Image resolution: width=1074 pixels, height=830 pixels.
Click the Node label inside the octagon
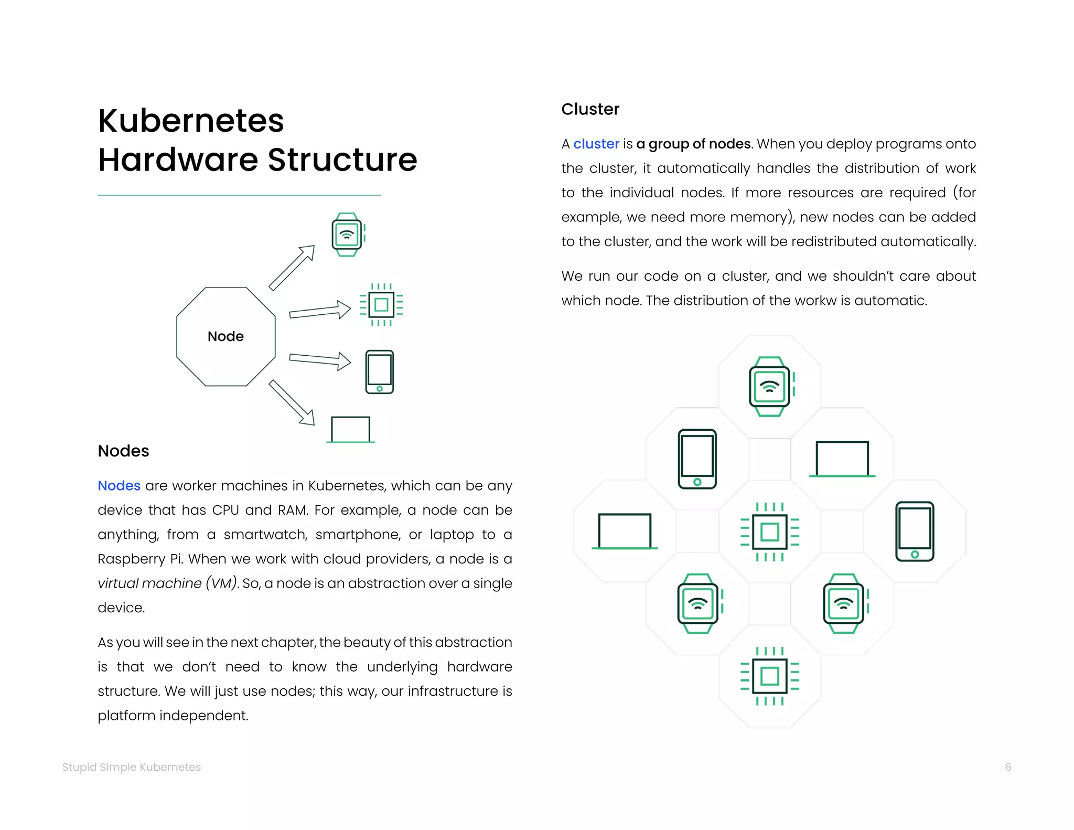[x=225, y=336]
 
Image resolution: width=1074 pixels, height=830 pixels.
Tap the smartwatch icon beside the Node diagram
[x=347, y=235]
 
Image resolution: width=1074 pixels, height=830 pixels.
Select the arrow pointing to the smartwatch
[x=292, y=268]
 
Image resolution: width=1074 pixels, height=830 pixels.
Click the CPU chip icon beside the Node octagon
[x=381, y=305]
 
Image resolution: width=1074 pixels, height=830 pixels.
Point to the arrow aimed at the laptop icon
[x=292, y=402]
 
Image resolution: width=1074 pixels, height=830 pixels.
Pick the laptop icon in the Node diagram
[x=350, y=430]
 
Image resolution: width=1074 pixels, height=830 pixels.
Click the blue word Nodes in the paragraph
[x=119, y=486]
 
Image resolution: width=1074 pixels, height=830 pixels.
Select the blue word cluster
[x=596, y=144]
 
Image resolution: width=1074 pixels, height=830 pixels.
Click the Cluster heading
[x=590, y=109]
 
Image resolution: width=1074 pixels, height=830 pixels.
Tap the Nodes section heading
[x=123, y=451]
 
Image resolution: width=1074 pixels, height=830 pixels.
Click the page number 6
[x=1007, y=767]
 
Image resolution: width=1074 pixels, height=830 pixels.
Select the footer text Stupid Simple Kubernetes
[x=132, y=767]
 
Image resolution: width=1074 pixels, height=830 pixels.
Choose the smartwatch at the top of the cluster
[x=770, y=387]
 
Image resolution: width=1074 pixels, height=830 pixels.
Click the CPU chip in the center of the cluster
[x=770, y=532]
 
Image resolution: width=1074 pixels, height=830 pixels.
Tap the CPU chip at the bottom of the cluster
[x=770, y=676]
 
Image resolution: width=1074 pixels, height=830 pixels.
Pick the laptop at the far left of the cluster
[x=625, y=531]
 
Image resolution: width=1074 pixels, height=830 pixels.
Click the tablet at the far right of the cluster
[x=915, y=531]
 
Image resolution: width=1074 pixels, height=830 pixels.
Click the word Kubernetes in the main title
[x=191, y=121]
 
